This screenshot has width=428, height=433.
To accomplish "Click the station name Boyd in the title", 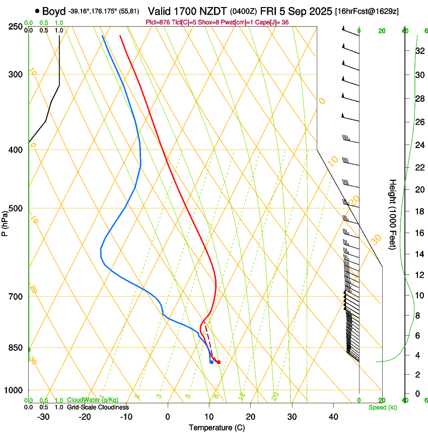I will point(54,11).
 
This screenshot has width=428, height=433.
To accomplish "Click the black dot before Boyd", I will point(37,11).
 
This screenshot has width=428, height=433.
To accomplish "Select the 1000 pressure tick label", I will point(14,390).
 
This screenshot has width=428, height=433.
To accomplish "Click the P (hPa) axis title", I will point(5,223).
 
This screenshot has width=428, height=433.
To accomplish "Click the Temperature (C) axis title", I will point(218,427).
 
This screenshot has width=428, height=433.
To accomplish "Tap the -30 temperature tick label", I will point(43,416).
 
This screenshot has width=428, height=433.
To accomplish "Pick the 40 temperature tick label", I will point(333,416).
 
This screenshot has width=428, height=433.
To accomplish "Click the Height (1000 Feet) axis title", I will point(393,214).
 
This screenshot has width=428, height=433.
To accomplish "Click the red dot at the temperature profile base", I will point(219,362).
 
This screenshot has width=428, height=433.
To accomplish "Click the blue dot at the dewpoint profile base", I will point(211,362).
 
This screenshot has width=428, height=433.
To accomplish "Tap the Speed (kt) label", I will point(383,407).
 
